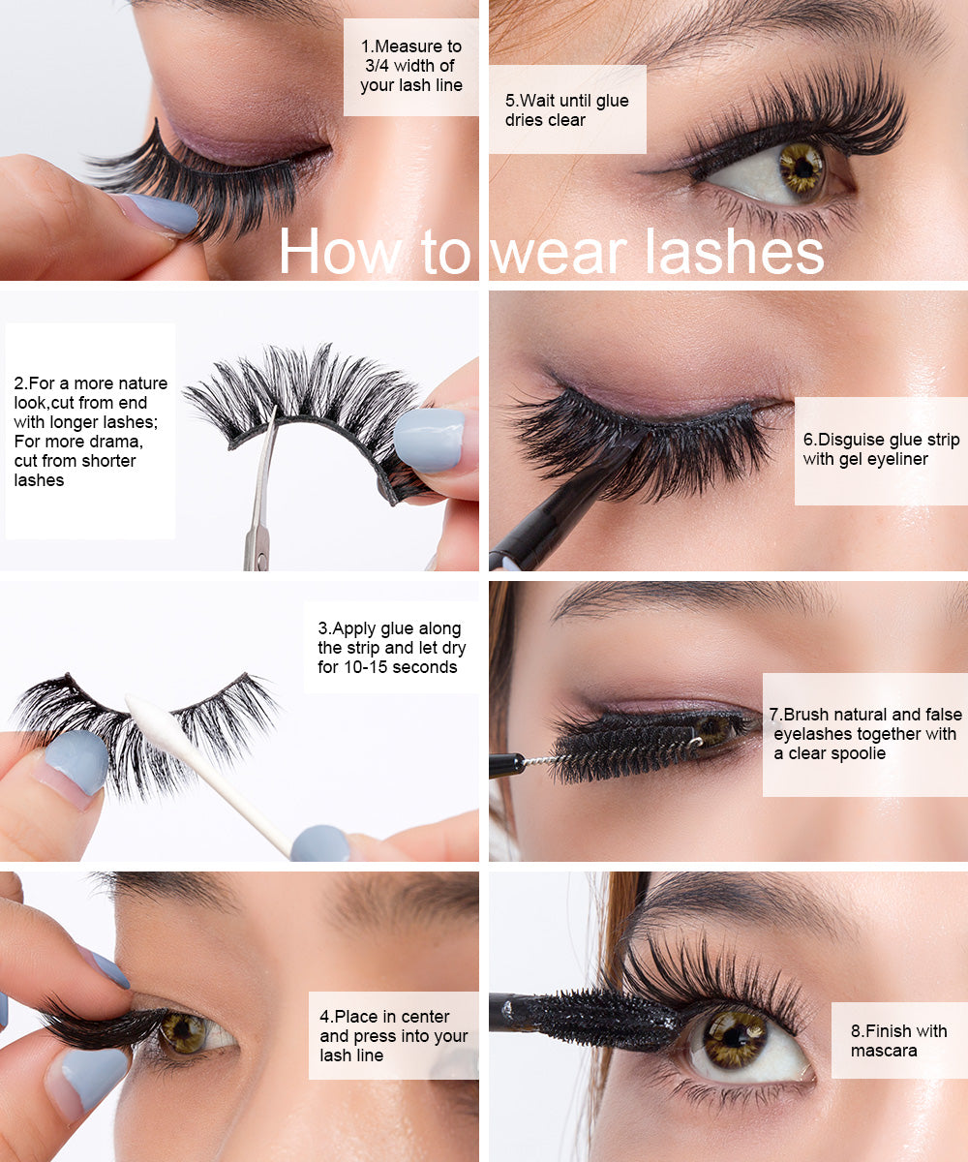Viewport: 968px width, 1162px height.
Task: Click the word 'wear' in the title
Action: click(559, 252)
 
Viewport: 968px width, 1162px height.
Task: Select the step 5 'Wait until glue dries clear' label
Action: click(567, 109)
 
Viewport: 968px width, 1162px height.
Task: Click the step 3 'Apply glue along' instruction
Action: click(390, 648)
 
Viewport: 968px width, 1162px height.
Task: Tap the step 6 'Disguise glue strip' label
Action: click(879, 450)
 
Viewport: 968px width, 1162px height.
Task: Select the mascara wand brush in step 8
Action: click(600, 1019)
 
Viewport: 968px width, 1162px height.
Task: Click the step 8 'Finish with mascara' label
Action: click(898, 1040)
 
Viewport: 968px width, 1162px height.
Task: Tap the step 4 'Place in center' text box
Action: click(394, 1035)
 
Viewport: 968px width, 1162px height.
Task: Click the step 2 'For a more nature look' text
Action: click(91, 431)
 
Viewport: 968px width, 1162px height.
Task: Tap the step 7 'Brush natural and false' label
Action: click(863, 734)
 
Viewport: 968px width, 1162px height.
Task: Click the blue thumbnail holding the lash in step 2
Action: click(430, 438)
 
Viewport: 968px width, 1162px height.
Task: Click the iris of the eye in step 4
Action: click(184, 1031)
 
